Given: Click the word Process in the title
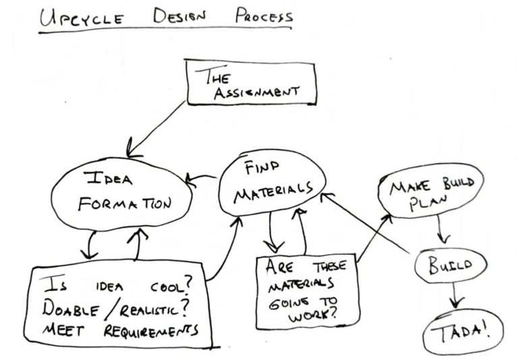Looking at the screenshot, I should coord(264,16).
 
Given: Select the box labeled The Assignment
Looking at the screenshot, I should coord(249,82).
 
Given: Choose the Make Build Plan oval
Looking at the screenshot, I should coord(431,193).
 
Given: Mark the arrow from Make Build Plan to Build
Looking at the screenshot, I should coord(441,231).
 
